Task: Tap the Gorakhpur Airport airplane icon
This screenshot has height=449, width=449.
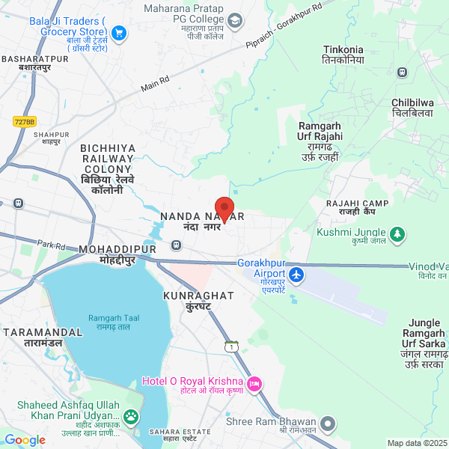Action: pos(297,275)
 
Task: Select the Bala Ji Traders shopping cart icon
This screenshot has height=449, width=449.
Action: pos(118,33)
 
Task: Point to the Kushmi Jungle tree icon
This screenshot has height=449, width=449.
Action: pos(399,235)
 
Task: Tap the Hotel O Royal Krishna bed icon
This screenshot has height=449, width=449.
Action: pos(254,385)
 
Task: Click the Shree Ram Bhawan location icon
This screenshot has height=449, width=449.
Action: pos(327,423)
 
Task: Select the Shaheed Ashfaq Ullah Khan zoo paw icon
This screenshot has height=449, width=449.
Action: pos(132,416)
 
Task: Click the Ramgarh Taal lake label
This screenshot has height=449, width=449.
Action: pos(110,323)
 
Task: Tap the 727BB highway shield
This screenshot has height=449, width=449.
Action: pos(25,120)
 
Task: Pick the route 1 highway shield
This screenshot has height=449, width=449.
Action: pos(232,346)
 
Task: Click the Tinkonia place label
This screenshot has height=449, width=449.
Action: pos(343,55)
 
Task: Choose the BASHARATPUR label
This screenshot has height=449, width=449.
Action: pos(35,62)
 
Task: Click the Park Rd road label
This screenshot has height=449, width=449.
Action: pos(52,245)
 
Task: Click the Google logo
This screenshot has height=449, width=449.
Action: pos(25,440)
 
